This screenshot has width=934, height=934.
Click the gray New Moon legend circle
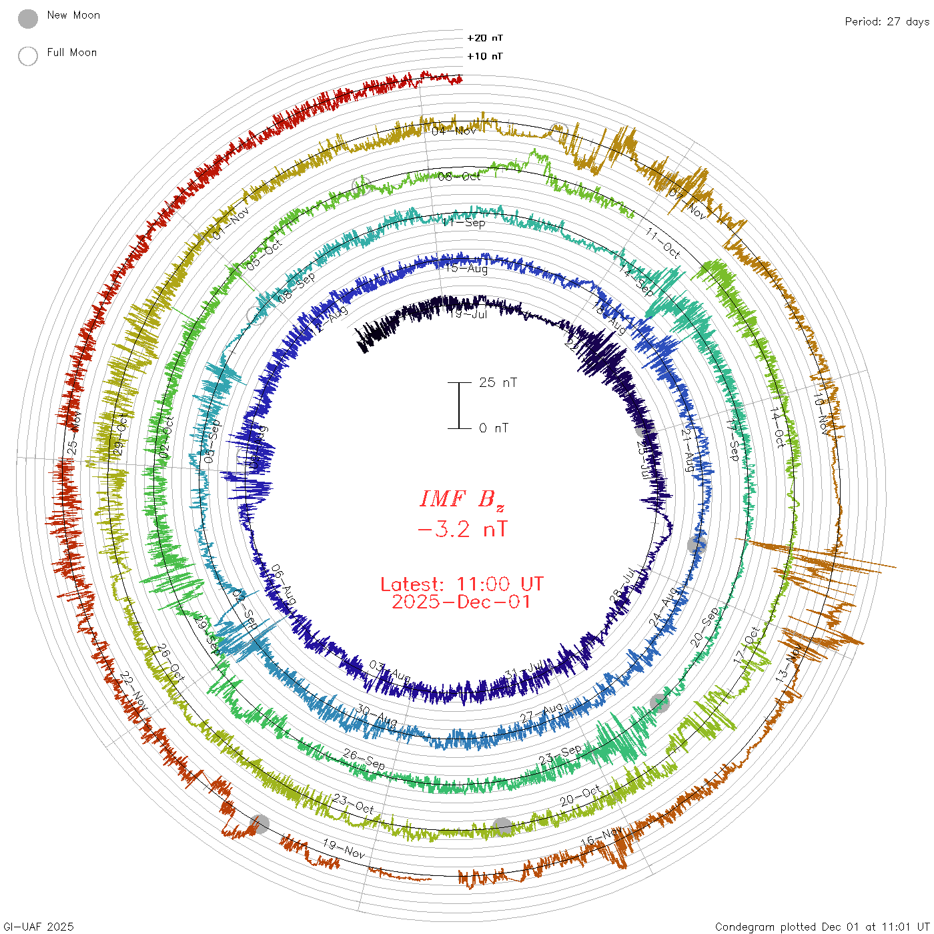coord(28,19)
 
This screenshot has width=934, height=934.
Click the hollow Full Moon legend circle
coord(28,56)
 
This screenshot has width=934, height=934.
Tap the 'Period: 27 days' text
coord(887,22)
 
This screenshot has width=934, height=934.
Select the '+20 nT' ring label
coord(485,38)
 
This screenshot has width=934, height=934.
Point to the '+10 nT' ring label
coord(485,56)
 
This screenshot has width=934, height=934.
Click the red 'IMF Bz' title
coord(462,499)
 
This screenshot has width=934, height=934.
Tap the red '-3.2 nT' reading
coord(462,530)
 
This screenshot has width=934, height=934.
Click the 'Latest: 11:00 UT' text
coord(462,584)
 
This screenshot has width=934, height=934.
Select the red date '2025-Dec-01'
coord(462,602)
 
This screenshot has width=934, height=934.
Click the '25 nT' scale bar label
coord(498,383)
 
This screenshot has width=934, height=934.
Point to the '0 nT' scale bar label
coord(494,428)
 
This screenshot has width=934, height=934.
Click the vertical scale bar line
coord(459,406)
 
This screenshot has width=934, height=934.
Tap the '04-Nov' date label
coord(454,131)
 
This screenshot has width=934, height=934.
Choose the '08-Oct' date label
coord(459,177)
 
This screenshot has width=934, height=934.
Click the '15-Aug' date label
coord(467,269)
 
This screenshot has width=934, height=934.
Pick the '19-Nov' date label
coord(344,849)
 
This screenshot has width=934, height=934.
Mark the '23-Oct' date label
coord(353,804)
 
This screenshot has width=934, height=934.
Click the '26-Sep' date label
coord(364,759)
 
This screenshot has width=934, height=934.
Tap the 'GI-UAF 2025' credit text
coord(39,927)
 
